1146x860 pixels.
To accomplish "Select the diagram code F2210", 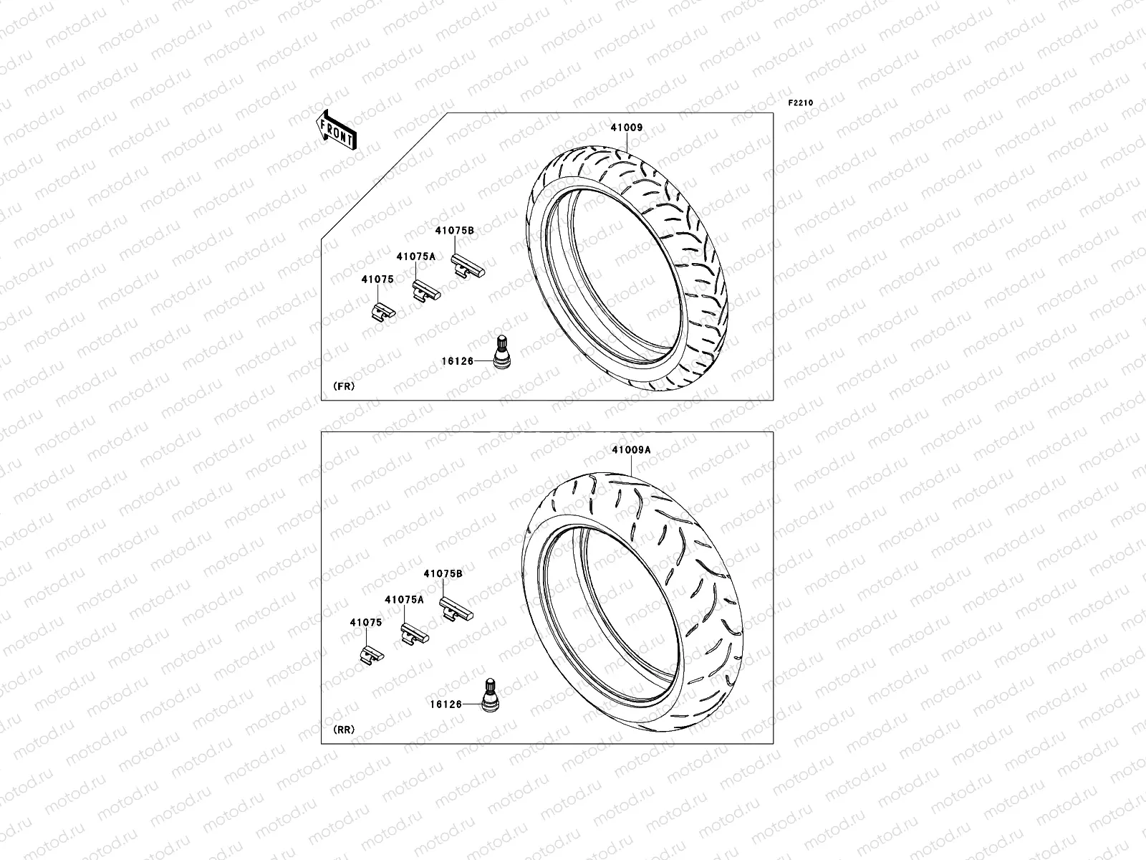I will [801, 103].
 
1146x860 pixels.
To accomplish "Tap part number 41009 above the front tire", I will [626, 128].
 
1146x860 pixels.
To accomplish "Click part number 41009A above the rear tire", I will [631, 450].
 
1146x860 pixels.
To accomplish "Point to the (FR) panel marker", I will [344, 386].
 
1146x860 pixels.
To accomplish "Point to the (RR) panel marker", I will [344, 730].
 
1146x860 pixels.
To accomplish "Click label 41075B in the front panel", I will [454, 231].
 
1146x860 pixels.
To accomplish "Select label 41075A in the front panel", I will [415, 256].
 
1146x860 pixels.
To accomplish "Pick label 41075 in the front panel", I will [377, 280].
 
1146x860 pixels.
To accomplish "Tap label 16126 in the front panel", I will [457, 360].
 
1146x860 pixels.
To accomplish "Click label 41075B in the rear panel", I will [443, 574].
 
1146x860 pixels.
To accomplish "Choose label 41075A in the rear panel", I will [404, 599].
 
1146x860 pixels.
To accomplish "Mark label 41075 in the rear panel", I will [365, 623].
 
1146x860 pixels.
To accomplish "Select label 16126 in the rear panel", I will [445, 704].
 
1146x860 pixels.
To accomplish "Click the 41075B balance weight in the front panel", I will [467, 268].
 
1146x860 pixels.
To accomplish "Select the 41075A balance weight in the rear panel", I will [413, 633].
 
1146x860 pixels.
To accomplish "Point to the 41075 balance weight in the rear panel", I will [372, 654].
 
